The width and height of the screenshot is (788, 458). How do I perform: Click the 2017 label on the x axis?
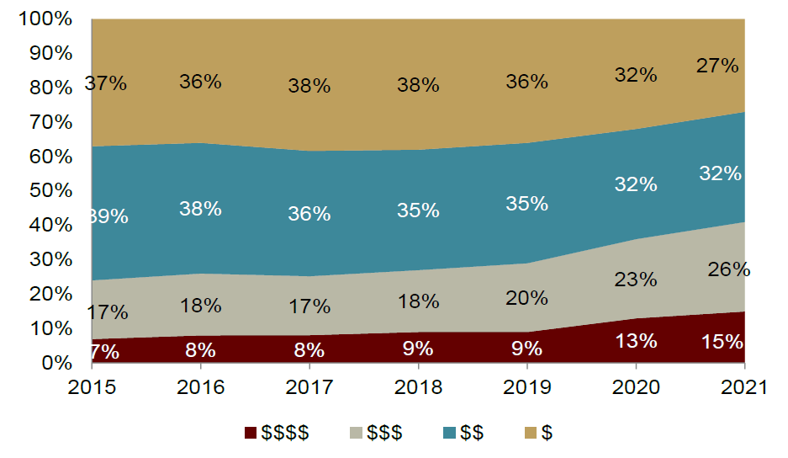[x=309, y=388]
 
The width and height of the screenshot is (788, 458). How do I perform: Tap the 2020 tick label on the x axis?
[x=636, y=388]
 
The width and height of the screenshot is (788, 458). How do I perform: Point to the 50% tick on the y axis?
[x=52, y=191]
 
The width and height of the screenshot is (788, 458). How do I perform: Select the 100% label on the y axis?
[x=46, y=19]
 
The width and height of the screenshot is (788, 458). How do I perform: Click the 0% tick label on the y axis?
[x=58, y=364]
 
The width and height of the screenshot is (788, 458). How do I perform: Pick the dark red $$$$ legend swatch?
[x=251, y=433]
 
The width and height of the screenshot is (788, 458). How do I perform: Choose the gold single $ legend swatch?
[x=530, y=433]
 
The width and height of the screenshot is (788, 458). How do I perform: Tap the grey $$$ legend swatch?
[x=353, y=433]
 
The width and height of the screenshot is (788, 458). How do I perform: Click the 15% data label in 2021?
[x=722, y=342]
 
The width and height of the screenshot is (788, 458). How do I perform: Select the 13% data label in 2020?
[x=636, y=342]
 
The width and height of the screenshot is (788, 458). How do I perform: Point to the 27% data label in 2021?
[x=717, y=66]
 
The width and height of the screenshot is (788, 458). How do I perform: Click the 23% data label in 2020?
[x=636, y=279]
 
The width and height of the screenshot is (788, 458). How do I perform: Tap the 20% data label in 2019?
[x=527, y=298]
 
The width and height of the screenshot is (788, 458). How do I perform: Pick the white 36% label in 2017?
[x=309, y=215]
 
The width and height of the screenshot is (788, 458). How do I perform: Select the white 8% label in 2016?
[x=201, y=348]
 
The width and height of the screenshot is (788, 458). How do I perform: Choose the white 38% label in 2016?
[x=201, y=209]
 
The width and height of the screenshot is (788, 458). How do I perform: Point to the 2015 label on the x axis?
[x=92, y=388]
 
